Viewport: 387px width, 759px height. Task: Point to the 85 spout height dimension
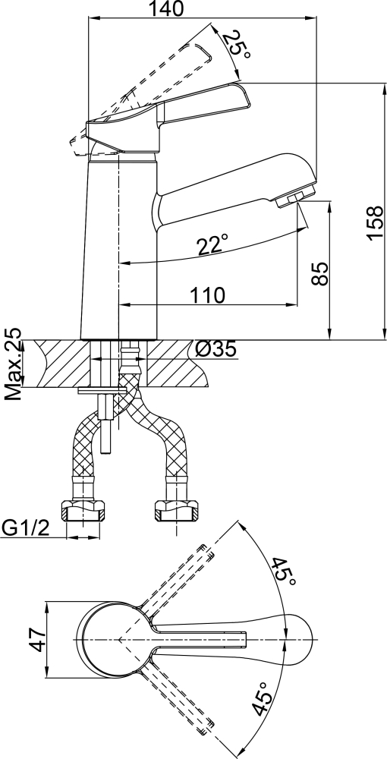point(320,274)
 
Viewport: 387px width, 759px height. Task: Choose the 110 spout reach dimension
point(206,294)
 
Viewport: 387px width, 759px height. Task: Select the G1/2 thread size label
point(26,528)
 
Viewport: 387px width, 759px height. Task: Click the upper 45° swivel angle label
point(283,572)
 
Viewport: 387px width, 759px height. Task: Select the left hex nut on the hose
point(83,510)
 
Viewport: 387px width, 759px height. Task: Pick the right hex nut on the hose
point(176,510)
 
